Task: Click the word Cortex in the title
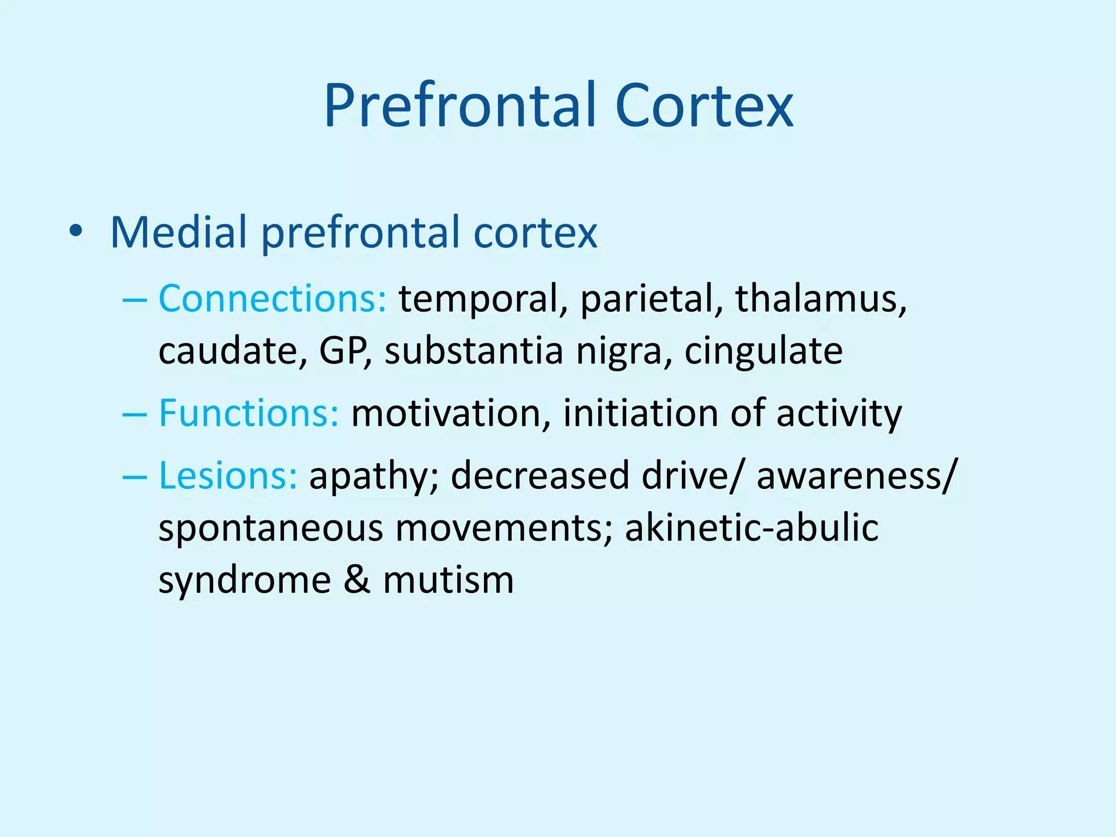point(704,106)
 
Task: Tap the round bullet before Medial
point(76,232)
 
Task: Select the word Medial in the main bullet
point(179,233)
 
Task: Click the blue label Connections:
point(272,299)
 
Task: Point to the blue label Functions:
point(249,413)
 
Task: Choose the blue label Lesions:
point(228,476)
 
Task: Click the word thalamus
point(821,299)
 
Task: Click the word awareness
point(852,476)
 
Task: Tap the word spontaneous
point(271,529)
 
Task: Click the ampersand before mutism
point(357,580)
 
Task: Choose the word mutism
point(448,580)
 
